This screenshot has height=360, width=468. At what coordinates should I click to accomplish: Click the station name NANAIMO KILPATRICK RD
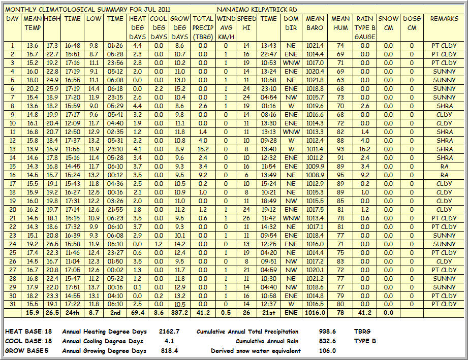click(x=257, y=10)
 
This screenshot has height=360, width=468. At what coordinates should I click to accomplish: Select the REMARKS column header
click(x=444, y=19)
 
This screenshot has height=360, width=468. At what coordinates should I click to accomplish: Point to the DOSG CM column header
click(x=412, y=23)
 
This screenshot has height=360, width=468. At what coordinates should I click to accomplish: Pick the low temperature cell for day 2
click(x=93, y=54)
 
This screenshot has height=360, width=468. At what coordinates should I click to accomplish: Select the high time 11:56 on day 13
click(x=73, y=149)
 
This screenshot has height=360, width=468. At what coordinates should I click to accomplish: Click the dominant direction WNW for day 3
click(x=291, y=62)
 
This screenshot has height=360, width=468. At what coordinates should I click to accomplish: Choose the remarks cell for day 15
click(x=444, y=166)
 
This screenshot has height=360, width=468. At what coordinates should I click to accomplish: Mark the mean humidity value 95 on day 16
click(x=340, y=175)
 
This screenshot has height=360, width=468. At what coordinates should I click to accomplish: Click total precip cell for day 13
click(x=203, y=149)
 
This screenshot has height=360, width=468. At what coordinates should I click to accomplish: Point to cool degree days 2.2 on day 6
click(x=159, y=88)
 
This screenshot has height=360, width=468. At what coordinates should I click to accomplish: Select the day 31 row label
click(x=13, y=304)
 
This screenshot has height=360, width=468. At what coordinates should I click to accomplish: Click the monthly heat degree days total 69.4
click(x=137, y=313)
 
